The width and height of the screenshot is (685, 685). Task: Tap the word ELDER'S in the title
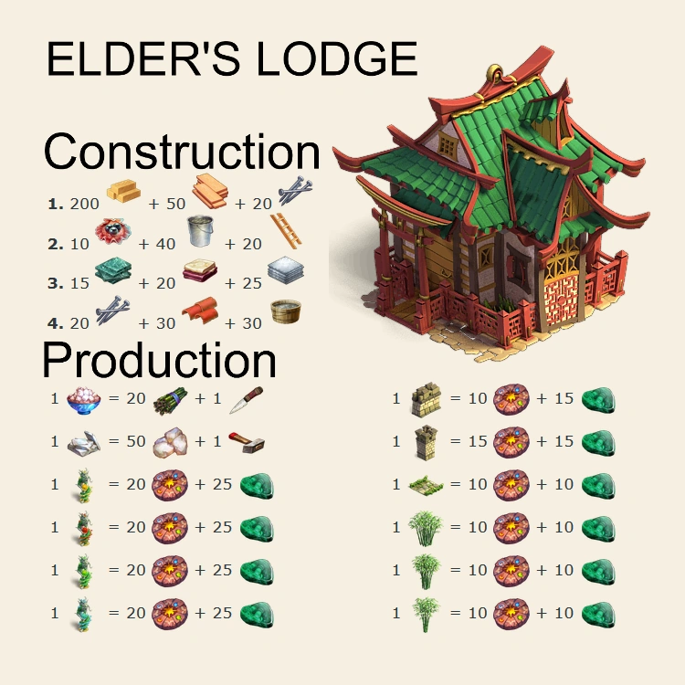point(145,60)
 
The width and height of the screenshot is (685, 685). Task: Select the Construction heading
point(182,152)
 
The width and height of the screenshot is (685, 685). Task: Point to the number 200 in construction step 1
point(85,203)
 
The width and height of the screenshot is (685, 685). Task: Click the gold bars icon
point(123,191)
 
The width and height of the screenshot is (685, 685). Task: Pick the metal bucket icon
point(202,231)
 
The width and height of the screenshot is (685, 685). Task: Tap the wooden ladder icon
point(287,232)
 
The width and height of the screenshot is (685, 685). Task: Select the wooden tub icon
point(286,312)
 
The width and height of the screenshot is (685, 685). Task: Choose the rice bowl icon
point(86,400)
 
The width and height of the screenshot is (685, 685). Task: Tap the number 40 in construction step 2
point(164,243)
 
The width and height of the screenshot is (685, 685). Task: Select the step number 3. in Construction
point(55,283)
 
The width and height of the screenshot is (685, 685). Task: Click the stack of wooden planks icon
point(209,190)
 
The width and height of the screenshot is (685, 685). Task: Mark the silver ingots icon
point(86,442)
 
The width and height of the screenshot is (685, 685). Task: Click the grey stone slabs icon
point(286,270)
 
